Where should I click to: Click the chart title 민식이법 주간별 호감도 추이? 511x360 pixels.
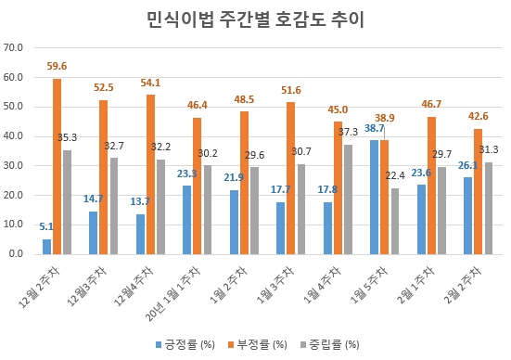click(x=255, y=19)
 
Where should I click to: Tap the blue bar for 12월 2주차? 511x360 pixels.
click(x=46, y=247)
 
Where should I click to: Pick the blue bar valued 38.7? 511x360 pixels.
click(x=375, y=196)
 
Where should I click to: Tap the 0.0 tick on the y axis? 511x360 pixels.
click(x=17, y=253)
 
